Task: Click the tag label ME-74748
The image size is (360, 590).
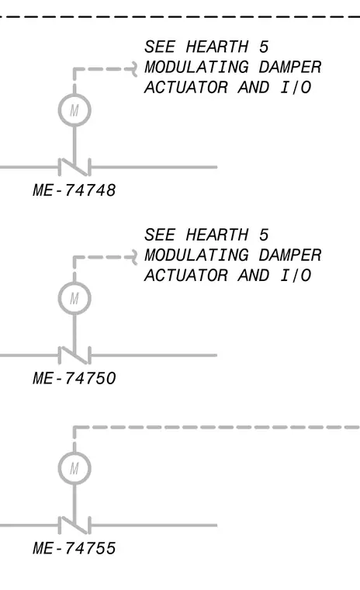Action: [74, 190]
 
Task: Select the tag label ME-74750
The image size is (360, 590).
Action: [74, 378]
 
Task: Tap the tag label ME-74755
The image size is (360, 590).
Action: [74, 548]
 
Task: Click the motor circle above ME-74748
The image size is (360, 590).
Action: [74, 94]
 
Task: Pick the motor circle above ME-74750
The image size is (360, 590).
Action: [74, 283]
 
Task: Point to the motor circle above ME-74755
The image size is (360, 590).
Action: [74, 453]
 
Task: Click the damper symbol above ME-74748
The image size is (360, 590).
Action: [74, 167]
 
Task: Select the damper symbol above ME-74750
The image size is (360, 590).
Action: [74, 356]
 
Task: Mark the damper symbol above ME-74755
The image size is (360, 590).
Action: [74, 526]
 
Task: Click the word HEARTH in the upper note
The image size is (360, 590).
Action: [217, 47]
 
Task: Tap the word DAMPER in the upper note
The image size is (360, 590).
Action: [289, 68]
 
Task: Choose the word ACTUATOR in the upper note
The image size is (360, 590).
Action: [186, 87]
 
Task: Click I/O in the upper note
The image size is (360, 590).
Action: [296, 87]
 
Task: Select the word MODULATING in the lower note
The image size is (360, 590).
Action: [196, 255]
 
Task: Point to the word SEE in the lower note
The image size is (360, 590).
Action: [160, 235]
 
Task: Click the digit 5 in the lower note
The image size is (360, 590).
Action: [264, 235]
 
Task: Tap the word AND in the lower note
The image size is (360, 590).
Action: [254, 276]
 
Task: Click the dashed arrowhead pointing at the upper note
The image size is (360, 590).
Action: [135, 69]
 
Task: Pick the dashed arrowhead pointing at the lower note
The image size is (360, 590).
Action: [135, 258]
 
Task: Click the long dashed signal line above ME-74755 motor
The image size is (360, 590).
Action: [216, 428]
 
